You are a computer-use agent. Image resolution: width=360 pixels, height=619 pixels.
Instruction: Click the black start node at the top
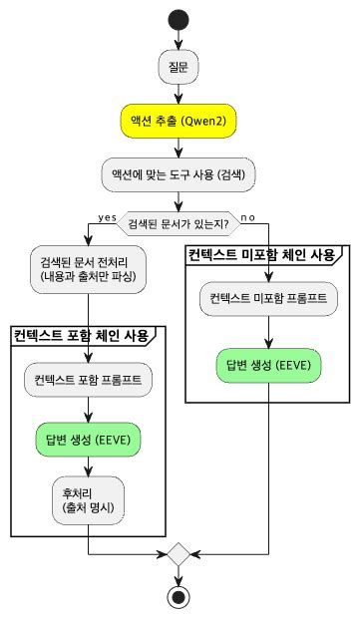tap(179, 19)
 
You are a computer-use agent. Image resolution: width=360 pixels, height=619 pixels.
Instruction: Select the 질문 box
tap(179, 67)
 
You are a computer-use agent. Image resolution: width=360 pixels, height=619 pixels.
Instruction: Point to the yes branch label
tap(107, 217)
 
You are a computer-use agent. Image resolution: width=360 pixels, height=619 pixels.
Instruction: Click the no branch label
tap(247, 217)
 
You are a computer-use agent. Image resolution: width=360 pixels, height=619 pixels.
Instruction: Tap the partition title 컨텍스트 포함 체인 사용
tap(81, 335)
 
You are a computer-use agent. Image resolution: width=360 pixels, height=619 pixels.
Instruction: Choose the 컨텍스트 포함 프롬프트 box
tap(89, 380)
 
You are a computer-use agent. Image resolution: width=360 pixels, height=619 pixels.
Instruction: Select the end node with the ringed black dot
tap(179, 596)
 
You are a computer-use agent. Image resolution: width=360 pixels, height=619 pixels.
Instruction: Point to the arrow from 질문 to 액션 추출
tap(179, 93)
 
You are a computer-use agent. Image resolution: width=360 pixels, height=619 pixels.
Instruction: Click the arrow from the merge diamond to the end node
tap(179, 575)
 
